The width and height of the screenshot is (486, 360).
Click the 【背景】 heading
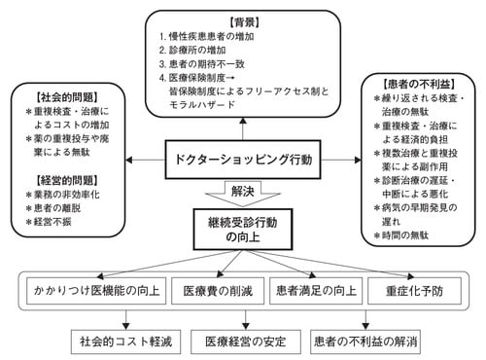[243, 20]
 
